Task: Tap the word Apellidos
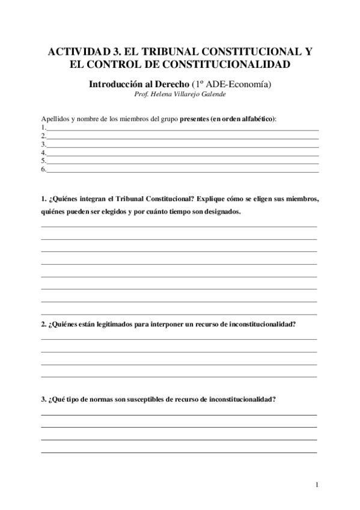click(x=55, y=119)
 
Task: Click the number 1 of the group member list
click(x=43, y=127)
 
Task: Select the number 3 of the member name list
click(x=43, y=144)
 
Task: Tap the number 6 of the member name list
click(x=43, y=170)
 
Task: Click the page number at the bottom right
click(x=317, y=485)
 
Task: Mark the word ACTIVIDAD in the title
click(x=71, y=53)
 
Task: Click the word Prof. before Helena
click(x=142, y=94)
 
